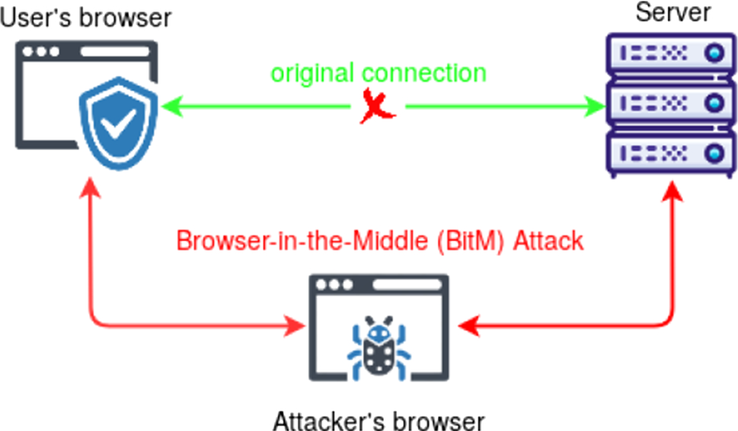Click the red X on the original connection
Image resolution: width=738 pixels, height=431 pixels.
377,107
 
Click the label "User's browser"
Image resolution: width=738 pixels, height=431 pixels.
85,16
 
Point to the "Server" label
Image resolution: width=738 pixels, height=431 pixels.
673,13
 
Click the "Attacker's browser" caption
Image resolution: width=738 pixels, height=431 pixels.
378,420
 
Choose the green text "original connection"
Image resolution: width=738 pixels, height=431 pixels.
379,74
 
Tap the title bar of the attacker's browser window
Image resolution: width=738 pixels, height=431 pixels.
378,285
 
